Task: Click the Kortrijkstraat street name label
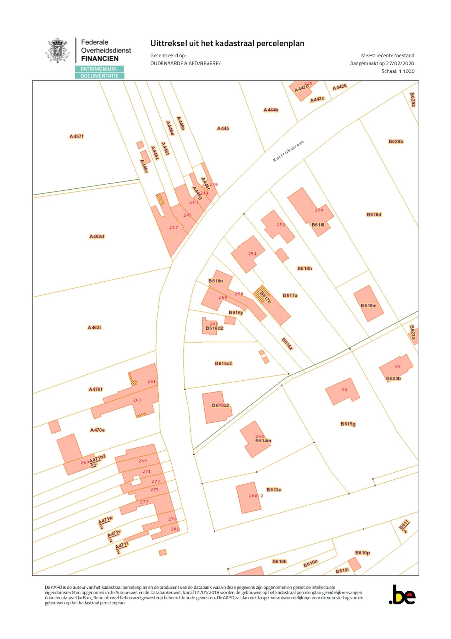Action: [288, 151]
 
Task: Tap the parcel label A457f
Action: [77, 136]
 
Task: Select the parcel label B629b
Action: [396, 141]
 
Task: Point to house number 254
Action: [252, 253]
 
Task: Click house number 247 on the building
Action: [174, 227]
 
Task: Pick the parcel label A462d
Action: [97, 236]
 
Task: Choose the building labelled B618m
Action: [369, 306]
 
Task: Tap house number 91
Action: [345, 389]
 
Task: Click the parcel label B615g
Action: [348, 424]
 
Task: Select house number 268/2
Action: [256, 496]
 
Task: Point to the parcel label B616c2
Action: [223, 363]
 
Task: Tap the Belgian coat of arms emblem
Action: [58, 50]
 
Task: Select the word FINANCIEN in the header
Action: [100, 59]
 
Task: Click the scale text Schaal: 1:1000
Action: [398, 71]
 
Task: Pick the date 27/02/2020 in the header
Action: [400, 63]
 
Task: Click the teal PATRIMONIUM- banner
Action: [99, 69]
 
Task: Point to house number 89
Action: [398, 366]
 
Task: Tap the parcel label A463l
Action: [94, 327]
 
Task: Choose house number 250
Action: [319, 210]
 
